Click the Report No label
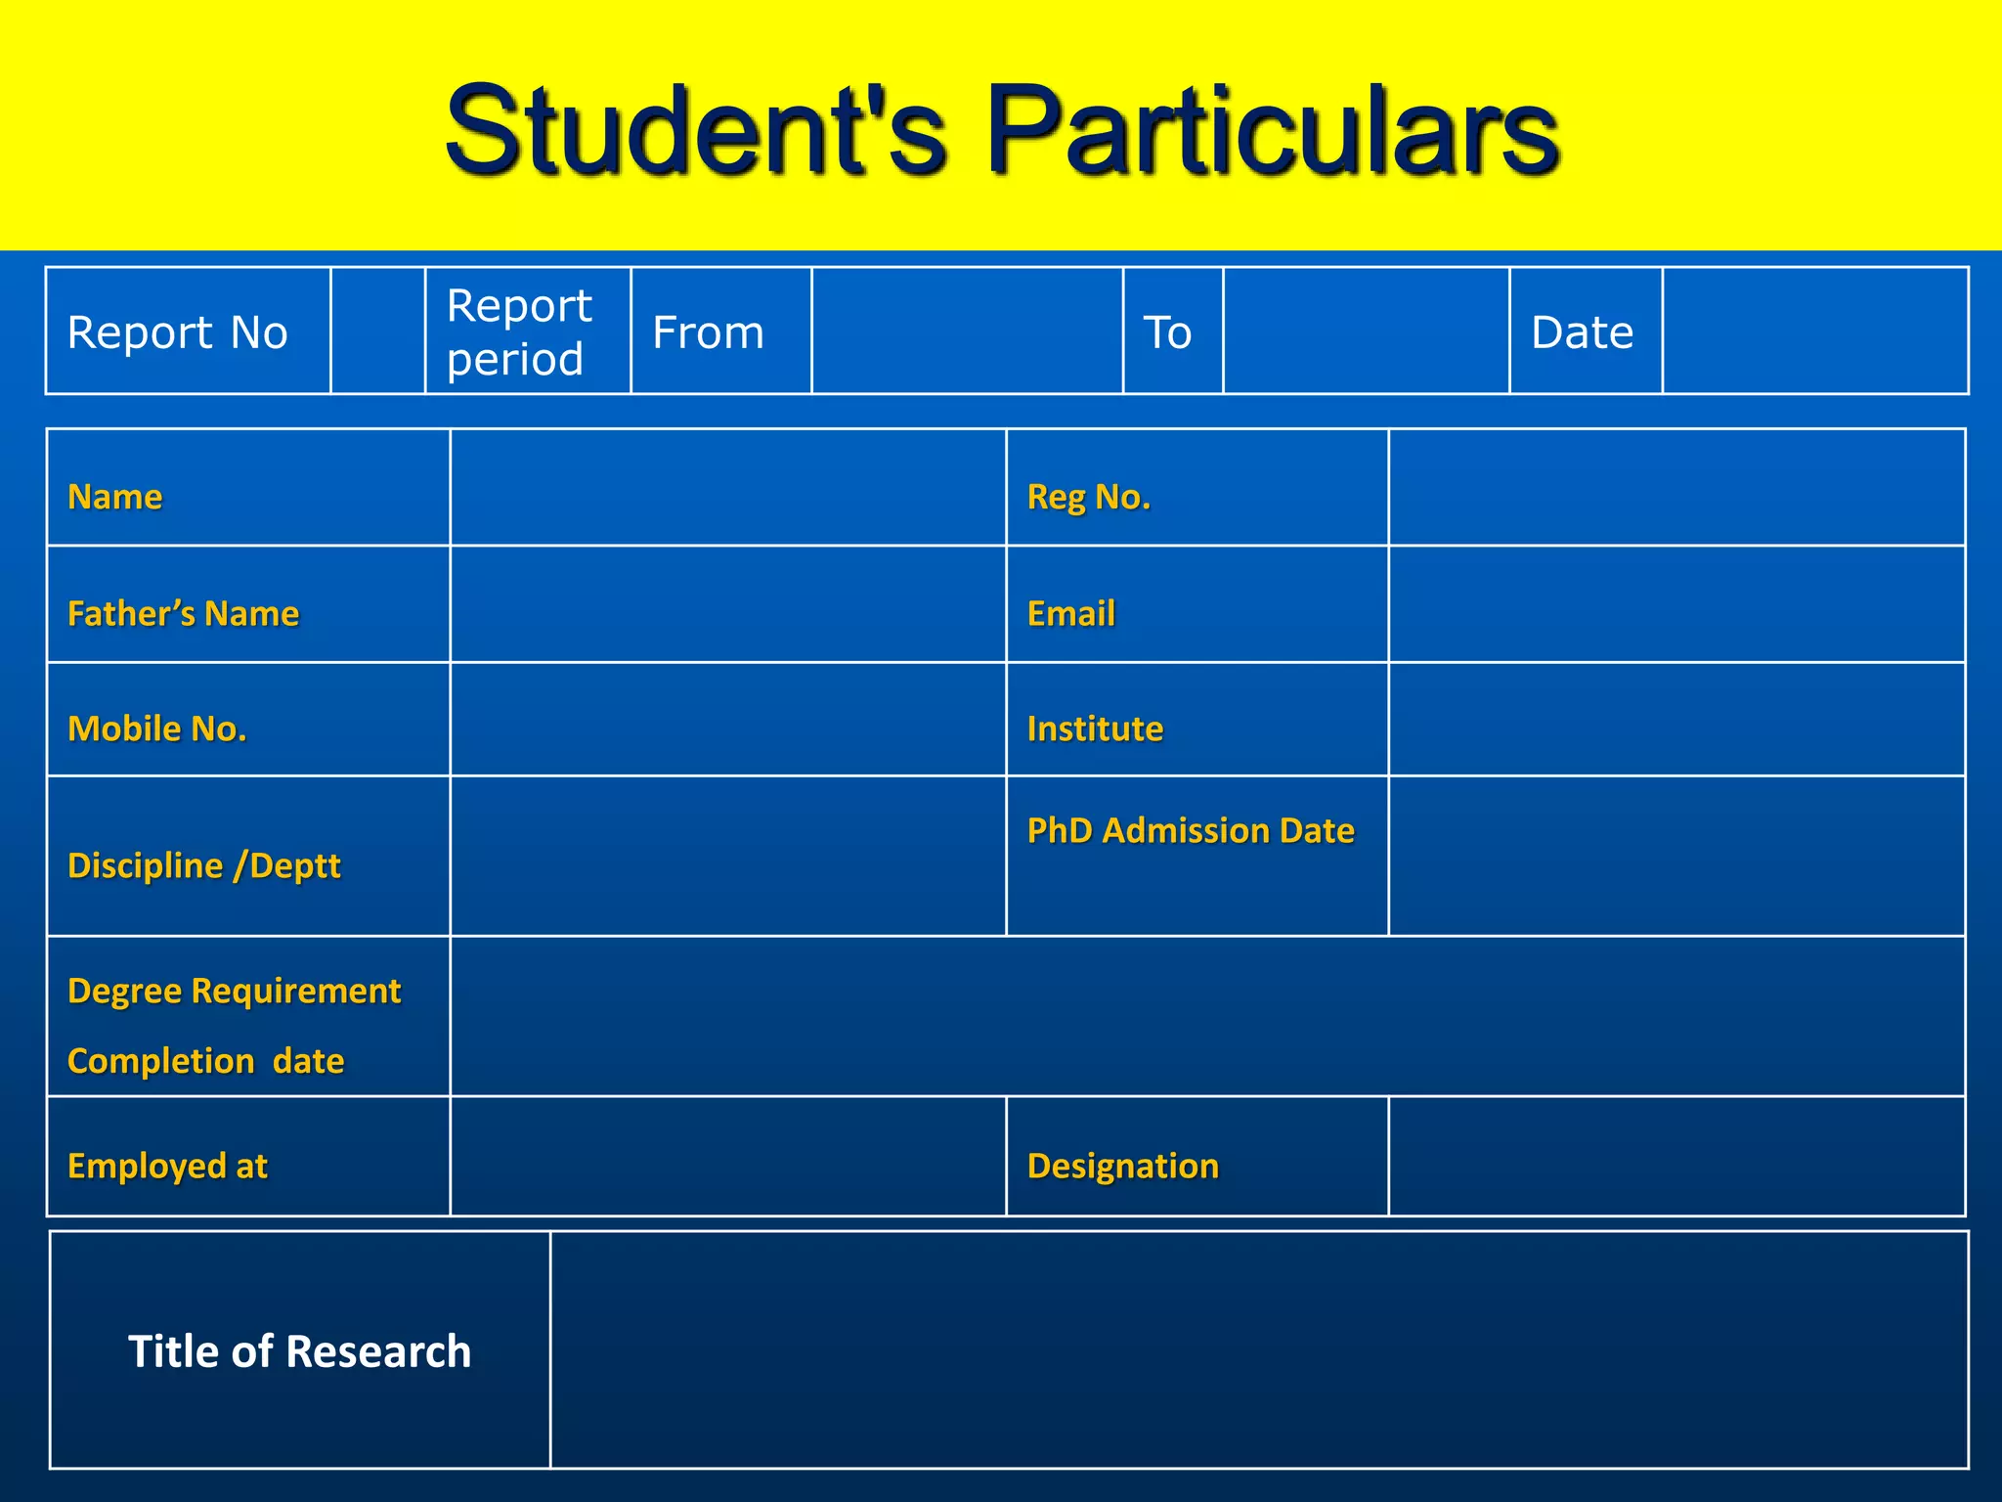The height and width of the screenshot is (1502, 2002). pos(177,332)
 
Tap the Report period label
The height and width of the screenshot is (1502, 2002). pos(518,332)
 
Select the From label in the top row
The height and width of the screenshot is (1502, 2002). pos(708,332)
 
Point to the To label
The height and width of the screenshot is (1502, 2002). pos(1167,332)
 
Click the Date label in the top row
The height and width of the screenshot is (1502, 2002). pos(1582,332)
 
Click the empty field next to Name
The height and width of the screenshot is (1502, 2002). pos(727,487)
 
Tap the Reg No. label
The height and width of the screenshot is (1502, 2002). pos(1088,497)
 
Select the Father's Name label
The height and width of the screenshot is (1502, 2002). pos(183,613)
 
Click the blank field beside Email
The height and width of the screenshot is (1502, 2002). pos(1676,604)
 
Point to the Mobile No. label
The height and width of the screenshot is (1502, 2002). pos(156,729)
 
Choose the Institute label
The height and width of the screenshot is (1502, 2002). pos(1095,729)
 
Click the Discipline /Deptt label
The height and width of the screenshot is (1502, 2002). pos(203,865)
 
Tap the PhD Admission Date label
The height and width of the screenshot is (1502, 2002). pos(1190,830)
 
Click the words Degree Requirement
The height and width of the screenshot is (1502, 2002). pos(234,991)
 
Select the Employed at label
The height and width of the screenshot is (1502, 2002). pos(167,1166)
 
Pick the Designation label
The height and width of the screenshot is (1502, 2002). pos(1122,1166)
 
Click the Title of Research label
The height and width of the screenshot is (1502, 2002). pos(299,1351)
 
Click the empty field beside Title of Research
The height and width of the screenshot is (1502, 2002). pos(1258,1349)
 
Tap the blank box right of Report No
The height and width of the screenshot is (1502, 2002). pos(377,331)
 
